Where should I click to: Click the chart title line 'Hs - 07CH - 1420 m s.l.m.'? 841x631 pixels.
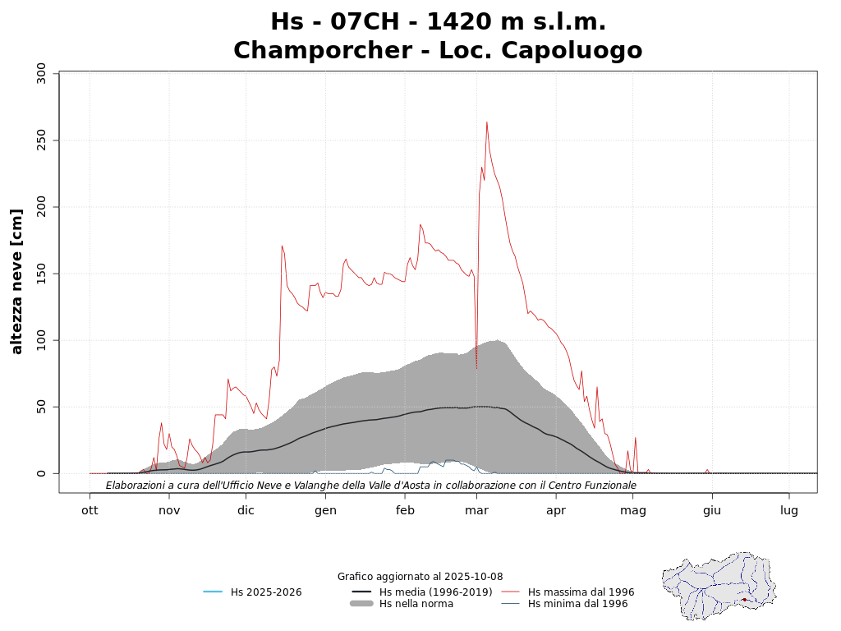pos(438,21)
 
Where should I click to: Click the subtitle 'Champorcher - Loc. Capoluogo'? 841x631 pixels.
pos(438,51)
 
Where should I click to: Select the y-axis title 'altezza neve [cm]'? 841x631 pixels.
pos(17,281)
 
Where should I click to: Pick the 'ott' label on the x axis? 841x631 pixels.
pos(90,510)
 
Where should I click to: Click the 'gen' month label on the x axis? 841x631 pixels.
pos(325,510)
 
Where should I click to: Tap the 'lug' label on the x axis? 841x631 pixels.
pos(789,510)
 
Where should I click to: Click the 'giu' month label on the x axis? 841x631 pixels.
pos(711,510)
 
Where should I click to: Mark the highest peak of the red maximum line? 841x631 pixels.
pos(487,122)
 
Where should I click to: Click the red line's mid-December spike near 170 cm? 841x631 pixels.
pos(282,246)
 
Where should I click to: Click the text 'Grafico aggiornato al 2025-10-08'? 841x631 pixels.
pos(420,577)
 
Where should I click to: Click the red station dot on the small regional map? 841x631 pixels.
pos(744,600)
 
